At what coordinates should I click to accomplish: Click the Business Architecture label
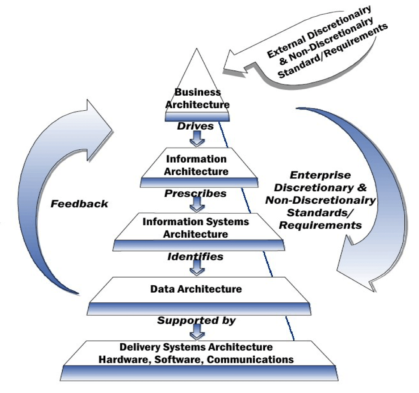tap(197, 98)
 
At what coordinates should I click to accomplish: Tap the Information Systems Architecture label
tap(196, 228)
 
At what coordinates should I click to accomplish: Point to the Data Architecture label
tap(196, 289)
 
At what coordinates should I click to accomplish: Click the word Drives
tap(196, 126)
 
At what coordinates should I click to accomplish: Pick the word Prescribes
tap(196, 193)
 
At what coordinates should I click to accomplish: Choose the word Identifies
tap(196, 257)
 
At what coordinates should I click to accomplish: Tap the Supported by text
tap(196, 320)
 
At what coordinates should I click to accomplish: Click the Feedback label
tap(80, 203)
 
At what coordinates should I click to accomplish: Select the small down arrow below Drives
tap(198, 138)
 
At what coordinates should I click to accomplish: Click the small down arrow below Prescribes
tap(198, 204)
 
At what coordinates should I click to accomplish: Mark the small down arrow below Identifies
tap(198, 268)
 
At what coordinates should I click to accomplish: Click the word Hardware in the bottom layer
tap(121, 359)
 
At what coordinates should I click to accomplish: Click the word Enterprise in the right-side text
tap(320, 175)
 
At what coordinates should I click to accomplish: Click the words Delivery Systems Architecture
tap(196, 347)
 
